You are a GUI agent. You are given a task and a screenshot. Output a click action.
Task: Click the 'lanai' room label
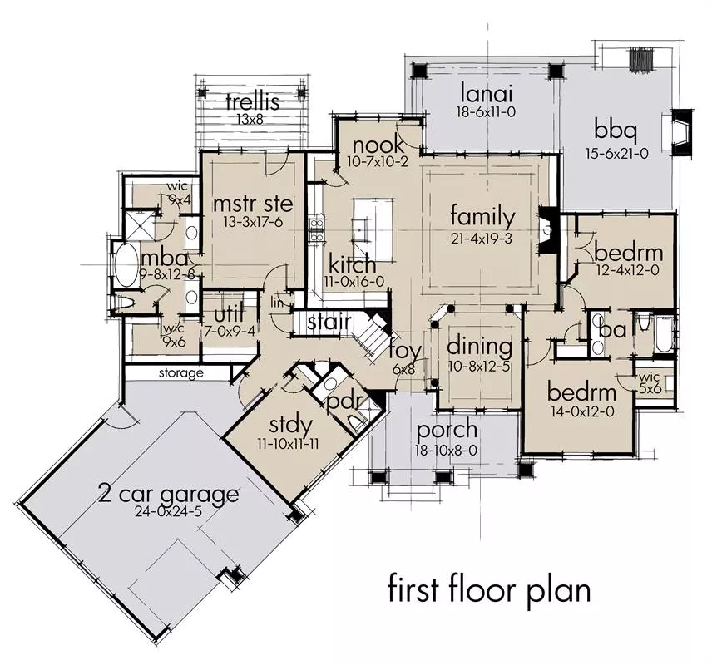coord(487,94)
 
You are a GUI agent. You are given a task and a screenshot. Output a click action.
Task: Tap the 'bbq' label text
coord(616,131)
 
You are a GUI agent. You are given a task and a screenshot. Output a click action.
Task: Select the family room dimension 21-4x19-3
coord(482,239)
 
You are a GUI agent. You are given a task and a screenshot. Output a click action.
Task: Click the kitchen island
coord(373,229)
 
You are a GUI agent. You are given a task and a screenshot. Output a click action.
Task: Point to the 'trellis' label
coord(253,101)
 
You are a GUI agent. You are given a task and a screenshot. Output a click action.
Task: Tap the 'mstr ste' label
coord(253,204)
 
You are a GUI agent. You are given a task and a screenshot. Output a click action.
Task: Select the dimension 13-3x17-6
coord(253,222)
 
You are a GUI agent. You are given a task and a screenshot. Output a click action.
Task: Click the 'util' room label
coord(229,313)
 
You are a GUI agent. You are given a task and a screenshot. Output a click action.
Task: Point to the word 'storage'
coord(181,373)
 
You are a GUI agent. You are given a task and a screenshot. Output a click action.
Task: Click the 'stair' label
coord(329,322)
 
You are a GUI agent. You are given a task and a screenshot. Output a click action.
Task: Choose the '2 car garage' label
coord(168,495)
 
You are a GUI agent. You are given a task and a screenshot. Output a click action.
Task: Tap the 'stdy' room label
coord(290,426)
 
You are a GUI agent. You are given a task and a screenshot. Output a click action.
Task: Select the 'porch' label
coord(447,431)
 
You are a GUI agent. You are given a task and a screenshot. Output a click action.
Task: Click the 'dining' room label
coord(479,347)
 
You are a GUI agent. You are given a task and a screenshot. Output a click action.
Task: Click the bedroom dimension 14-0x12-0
coord(582,411)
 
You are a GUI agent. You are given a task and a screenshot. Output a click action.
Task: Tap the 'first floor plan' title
coord(489,589)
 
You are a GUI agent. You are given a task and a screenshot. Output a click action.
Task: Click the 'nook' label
coord(378,145)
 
